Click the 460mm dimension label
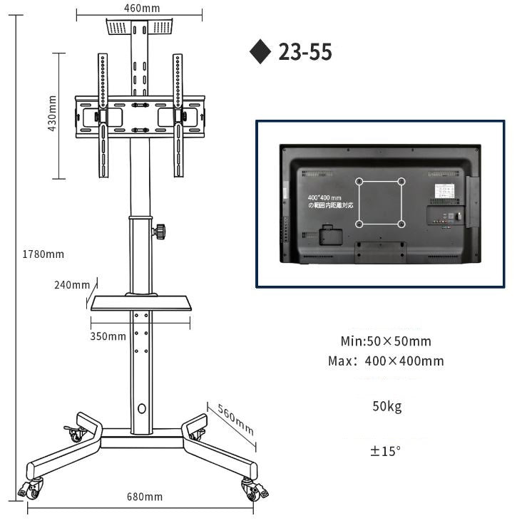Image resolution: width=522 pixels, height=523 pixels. point(142,9)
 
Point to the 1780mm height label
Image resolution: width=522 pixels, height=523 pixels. point(43,254)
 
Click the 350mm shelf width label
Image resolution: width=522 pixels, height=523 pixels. point(108,336)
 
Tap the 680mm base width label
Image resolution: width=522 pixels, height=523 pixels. point(144,497)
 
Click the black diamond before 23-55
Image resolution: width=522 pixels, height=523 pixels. point(260,52)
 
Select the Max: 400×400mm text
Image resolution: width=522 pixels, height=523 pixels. point(386,361)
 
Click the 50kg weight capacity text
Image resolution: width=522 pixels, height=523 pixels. point(387,407)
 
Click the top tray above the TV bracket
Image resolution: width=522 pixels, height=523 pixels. point(140,27)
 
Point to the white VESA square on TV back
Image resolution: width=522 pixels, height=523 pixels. point(380,203)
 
